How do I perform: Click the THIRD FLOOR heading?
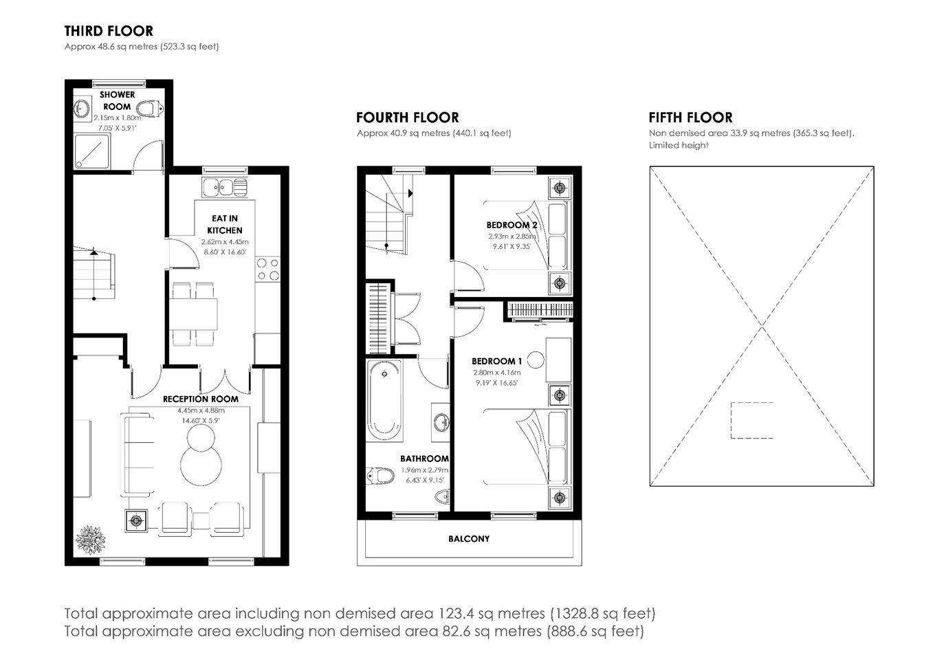pos(109,31)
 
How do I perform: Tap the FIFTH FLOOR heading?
pos(690,118)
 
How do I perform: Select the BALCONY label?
pos(469,539)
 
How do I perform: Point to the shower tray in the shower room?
pos(91,151)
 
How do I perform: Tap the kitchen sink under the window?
pos(225,187)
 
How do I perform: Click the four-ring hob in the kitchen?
pos(268,269)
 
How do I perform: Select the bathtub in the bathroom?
pos(384,400)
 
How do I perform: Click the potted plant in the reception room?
pos(90,540)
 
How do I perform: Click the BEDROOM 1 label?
pos(496,361)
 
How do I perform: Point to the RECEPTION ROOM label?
pos(200,399)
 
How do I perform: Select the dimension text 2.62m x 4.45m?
pos(225,241)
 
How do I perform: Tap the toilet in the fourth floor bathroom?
pos(380,475)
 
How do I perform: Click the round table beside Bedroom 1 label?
pos(535,360)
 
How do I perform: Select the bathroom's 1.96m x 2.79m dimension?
pos(424,470)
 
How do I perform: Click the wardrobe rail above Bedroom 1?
pos(540,310)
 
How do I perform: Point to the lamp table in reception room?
pos(135,520)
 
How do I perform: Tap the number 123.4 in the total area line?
pos(455,613)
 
